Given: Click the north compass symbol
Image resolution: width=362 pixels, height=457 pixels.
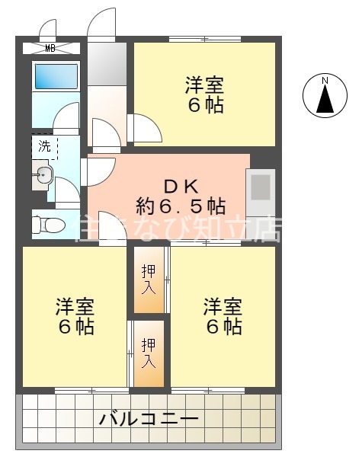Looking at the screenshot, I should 324,96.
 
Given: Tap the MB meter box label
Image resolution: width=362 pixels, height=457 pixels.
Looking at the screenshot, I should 50,49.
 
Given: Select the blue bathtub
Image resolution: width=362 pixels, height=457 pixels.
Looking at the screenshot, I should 56,77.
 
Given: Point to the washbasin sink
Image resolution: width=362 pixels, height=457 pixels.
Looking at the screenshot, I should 42,176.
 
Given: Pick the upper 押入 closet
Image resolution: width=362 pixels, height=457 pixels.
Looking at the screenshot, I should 149,280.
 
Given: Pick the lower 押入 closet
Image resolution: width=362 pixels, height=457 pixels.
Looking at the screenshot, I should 149,353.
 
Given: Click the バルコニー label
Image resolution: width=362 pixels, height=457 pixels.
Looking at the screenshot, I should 149,420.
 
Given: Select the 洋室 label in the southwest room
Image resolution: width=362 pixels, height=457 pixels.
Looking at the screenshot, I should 75,308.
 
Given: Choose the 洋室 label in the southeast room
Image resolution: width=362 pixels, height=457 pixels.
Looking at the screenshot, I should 223,308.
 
